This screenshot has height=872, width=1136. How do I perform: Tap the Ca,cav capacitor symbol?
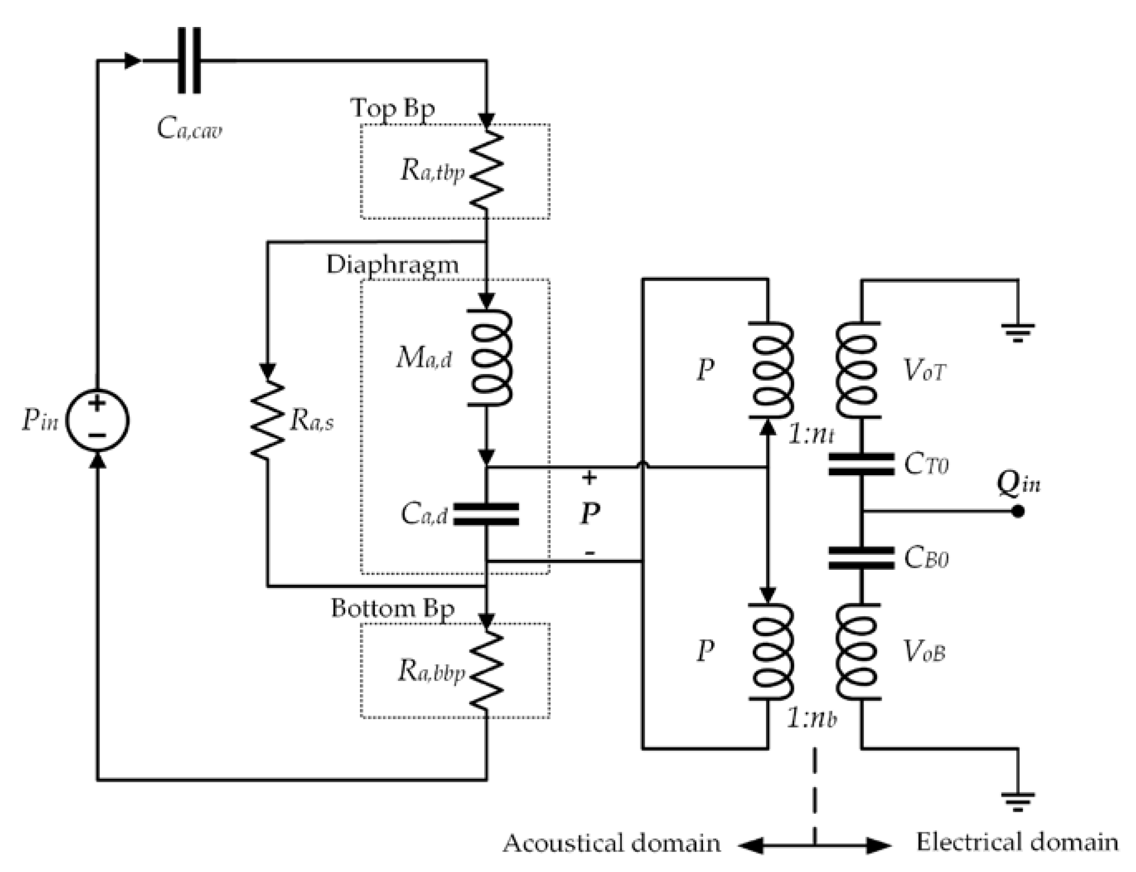click(x=189, y=61)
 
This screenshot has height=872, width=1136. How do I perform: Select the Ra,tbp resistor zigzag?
click(x=486, y=169)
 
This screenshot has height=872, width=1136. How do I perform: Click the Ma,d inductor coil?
click(x=490, y=358)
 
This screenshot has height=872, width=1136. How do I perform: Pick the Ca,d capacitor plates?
click(x=486, y=514)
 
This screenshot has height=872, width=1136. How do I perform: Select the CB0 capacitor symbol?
click(x=861, y=558)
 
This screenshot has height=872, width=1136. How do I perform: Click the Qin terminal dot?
click(x=1018, y=511)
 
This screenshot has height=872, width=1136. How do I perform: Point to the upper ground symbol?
click(x=1018, y=332)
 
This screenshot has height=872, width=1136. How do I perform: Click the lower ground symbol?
click(x=1018, y=802)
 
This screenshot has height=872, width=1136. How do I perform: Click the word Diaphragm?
click(x=393, y=265)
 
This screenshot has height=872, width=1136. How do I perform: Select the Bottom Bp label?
click(x=393, y=608)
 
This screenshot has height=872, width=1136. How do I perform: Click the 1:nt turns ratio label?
click(x=811, y=435)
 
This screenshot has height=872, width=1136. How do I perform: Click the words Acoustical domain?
click(x=612, y=843)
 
